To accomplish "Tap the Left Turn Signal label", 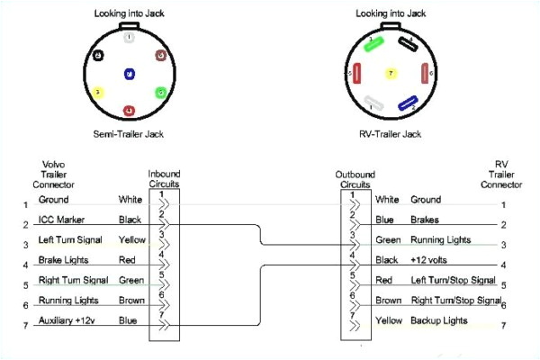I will pyautogui.click(x=69, y=239).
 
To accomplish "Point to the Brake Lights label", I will pyautogui.click(x=62, y=259).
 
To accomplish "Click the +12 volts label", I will pyautogui.click(x=430, y=259).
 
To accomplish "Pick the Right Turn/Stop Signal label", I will pyautogui.click(x=455, y=300).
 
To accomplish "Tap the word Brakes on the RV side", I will pyautogui.click(x=426, y=219).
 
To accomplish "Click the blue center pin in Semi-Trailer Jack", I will pyautogui.click(x=130, y=74).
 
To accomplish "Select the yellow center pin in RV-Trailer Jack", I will pyautogui.click(x=389, y=72).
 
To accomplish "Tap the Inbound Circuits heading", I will pyautogui.click(x=163, y=177).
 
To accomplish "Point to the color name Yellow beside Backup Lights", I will pyautogui.click(x=388, y=320).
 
